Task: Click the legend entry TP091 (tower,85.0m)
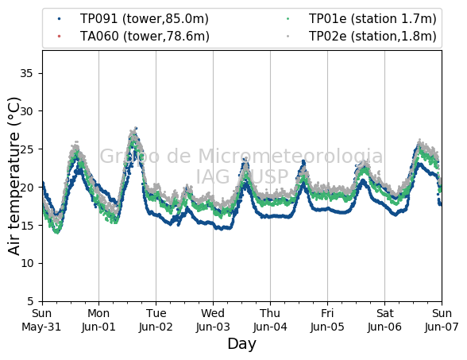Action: pyautogui.click(x=145, y=19)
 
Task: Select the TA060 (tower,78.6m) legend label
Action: pyautogui.click(x=145, y=37)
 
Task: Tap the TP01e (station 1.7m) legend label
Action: pyautogui.click(x=372, y=19)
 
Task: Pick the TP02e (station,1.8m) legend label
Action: pyautogui.click(x=372, y=37)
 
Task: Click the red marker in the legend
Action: pyautogui.click(x=59, y=37)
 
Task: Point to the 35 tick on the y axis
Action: pyautogui.click(x=26, y=73)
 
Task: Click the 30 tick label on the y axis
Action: pyautogui.click(x=26, y=111)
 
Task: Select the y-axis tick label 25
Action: pyautogui.click(x=26, y=149)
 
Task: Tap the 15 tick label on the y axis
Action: pyautogui.click(x=26, y=226)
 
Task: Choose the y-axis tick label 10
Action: pyautogui.click(x=26, y=264)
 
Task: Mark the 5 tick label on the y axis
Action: pyautogui.click(x=30, y=301)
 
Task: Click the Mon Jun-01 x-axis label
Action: pyautogui.click(x=98, y=320)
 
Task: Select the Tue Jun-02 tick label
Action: pyautogui.click(x=156, y=320)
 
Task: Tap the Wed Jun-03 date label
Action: pyautogui.click(x=213, y=320)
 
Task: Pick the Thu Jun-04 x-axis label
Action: pyautogui.click(x=270, y=320)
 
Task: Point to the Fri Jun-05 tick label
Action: pyautogui.click(x=327, y=320)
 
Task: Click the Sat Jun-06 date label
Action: pyautogui.click(x=384, y=320)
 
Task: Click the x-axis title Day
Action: pyautogui.click(x=241, y=344)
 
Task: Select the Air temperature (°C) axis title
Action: pyautogui.click(x=14, y=176)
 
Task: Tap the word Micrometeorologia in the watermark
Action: pyautogui.click(x=291, y=156)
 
